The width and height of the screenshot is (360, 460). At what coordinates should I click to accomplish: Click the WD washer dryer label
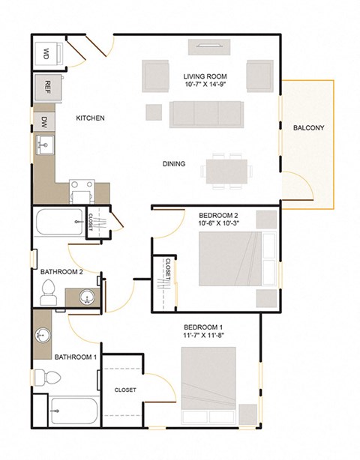[46, 54]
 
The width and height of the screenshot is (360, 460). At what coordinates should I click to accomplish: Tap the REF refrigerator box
[47, 86]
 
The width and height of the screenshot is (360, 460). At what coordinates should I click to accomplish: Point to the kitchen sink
[41, 144]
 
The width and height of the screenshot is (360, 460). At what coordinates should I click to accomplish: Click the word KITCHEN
[90, 118]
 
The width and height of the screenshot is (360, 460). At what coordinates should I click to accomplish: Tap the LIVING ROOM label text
[205, 76]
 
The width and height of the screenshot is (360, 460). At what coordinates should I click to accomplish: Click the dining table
[226, 170]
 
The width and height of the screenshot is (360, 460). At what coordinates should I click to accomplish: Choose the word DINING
[175, 164]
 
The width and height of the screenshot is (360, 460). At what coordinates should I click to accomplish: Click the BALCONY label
[308, 128]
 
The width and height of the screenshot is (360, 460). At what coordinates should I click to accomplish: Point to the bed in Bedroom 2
[229, 258]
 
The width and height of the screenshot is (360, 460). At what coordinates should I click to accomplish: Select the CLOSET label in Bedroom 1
[124, 390]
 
